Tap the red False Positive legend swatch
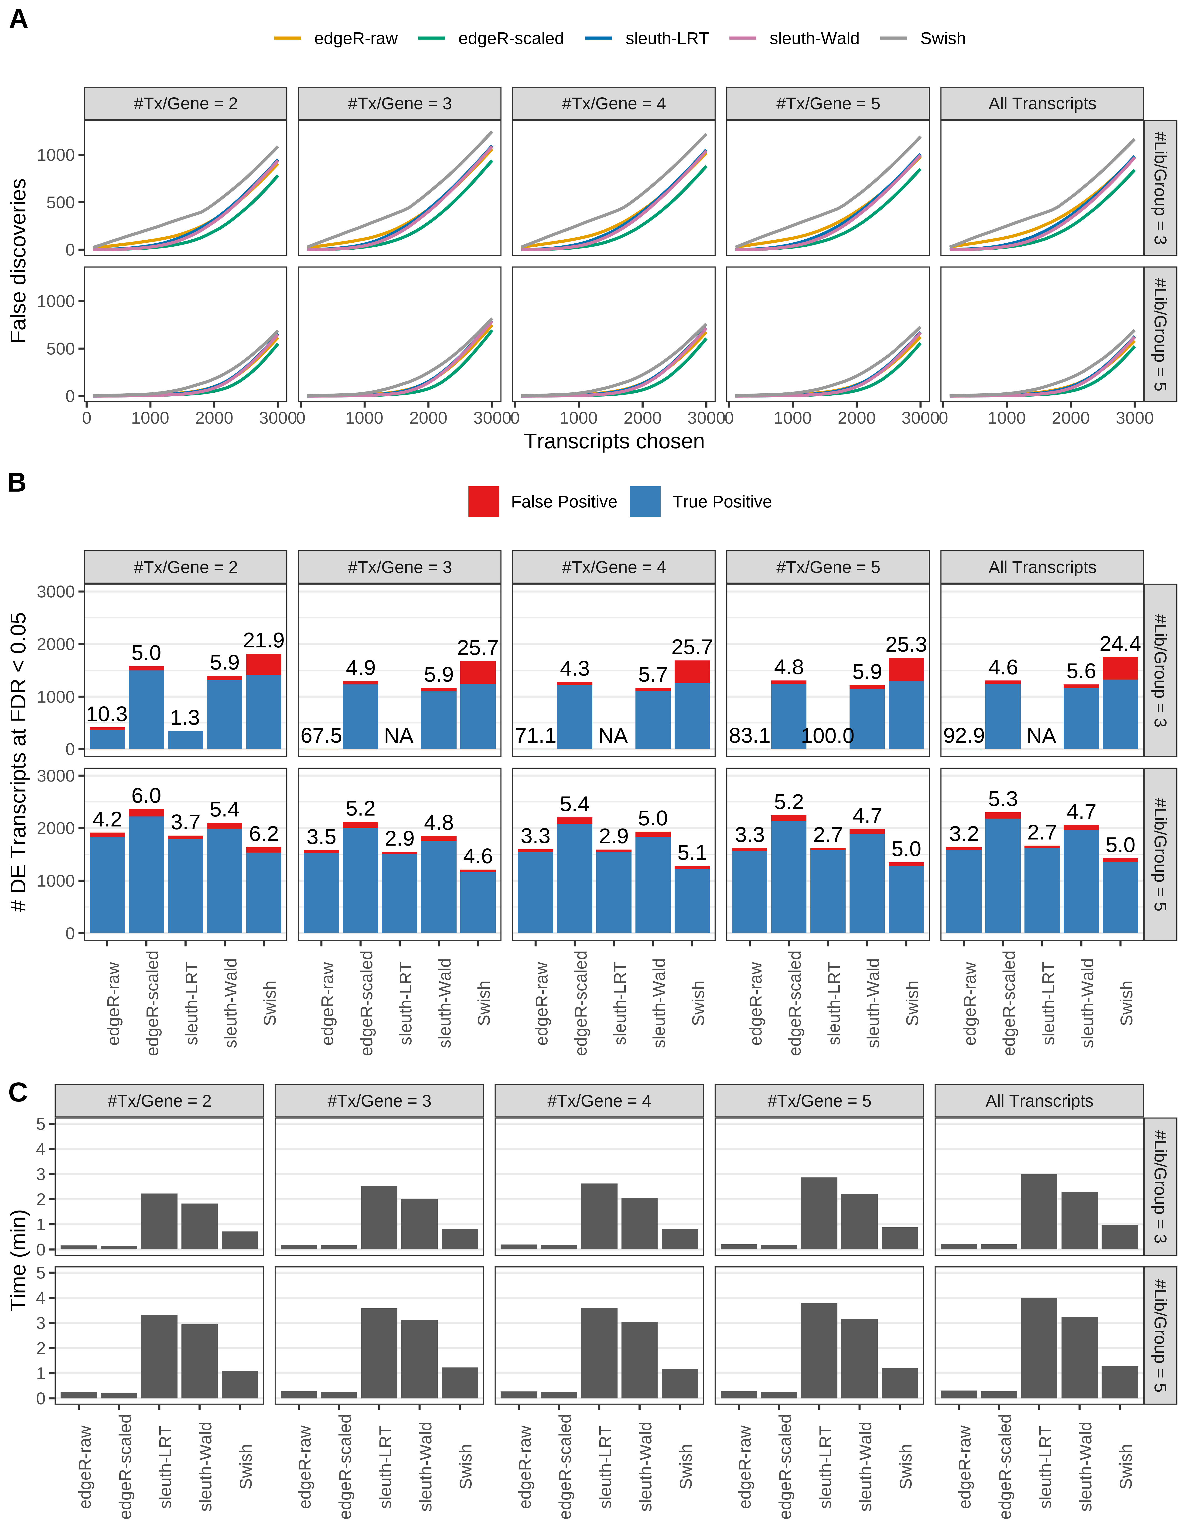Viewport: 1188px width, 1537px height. click(x=484, y=502)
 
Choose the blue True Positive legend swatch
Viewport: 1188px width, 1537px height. click(x=645, y=502)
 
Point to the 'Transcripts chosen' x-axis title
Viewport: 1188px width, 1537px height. click(x=614, y=441)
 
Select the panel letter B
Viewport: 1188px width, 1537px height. click(x=17, y=483)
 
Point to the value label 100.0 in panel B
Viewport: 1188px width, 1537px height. click(x=828, y=736)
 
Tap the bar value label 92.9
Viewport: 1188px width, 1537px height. click(x=963, y=736)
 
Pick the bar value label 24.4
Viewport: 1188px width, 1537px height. click(x=1120, y=644)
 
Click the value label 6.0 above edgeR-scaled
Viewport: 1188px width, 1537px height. click(x=146, y=796)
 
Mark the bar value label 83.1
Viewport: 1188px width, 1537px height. click(x=750, y=736)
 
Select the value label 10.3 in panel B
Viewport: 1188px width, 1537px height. click(x=107, y=715)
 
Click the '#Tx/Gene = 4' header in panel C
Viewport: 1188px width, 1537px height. click(x=599, y=1101)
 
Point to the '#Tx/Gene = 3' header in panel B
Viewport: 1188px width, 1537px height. click(x=399, y=567)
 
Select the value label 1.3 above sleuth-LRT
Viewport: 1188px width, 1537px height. click(x=185, y=718)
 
